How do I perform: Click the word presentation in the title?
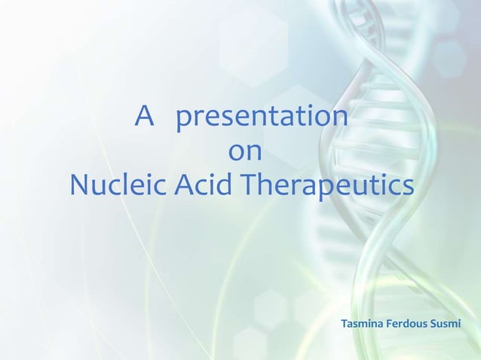262,118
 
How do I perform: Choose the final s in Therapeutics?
408,186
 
